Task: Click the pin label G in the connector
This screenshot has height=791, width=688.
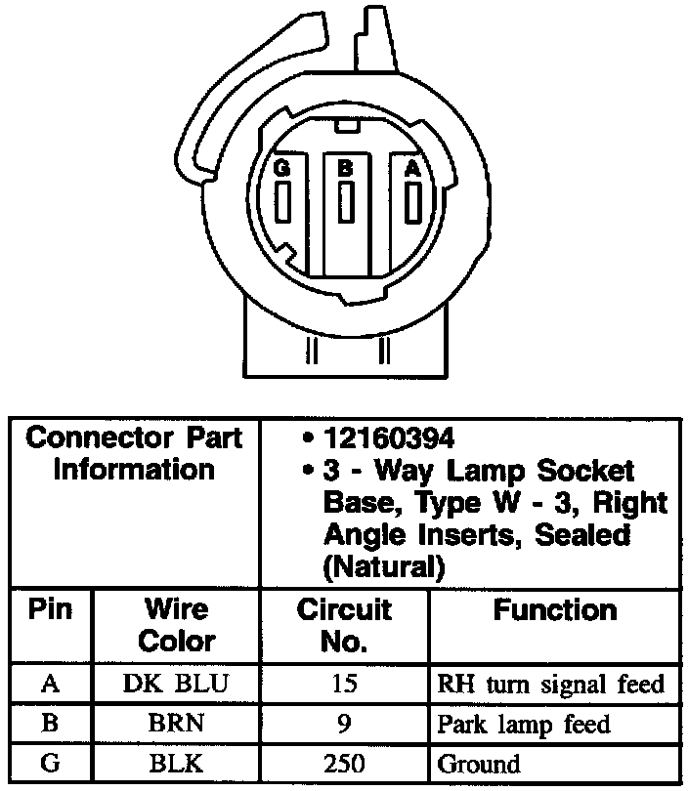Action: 282,168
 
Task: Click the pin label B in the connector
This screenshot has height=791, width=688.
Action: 345,168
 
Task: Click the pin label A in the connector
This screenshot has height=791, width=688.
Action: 413,168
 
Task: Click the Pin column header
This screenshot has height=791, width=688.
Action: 51,610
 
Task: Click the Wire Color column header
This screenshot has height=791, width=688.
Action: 177,626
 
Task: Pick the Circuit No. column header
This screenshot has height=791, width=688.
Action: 344,626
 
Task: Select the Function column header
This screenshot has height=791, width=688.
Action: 555,611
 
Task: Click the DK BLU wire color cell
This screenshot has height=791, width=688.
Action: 177,684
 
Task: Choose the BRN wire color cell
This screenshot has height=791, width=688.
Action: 177,724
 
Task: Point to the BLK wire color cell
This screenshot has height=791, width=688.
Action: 177,763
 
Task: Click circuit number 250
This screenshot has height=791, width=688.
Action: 344,763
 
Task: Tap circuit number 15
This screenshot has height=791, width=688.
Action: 344,684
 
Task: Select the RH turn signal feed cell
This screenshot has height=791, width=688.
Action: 550,684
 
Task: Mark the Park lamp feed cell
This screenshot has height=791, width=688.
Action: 523,724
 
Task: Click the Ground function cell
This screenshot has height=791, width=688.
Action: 479,763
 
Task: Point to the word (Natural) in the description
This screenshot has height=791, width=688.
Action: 377,566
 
